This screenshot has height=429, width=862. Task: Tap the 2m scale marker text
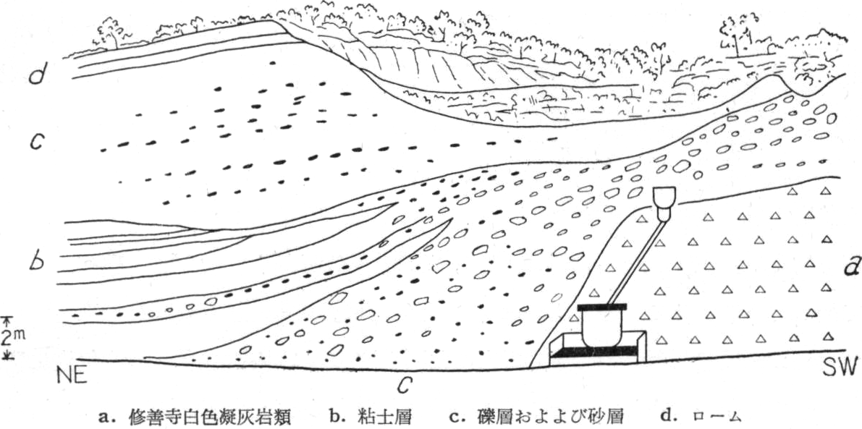[12, 336]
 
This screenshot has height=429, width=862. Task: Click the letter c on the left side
[37, 142]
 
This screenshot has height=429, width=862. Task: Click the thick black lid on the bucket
[601, 306]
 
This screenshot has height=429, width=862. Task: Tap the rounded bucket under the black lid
[602, 328]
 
